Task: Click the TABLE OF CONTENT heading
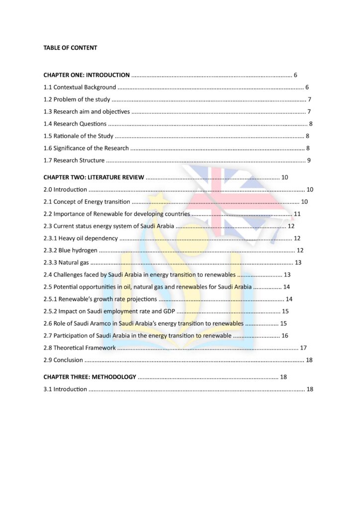click(x=70, y=48)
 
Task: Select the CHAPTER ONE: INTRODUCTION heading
click(x=87, y=75)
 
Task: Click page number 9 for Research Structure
click(x=309, y=161)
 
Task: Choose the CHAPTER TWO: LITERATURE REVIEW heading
click(x=93, y=177)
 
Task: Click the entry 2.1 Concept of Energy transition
click(x=87, y=202)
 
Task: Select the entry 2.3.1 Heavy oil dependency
click(x=81, y=239)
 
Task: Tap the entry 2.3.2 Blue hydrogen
click(x=70, y=251)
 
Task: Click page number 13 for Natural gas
click(x=298, y=262)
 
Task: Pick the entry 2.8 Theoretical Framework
click(x=80, y=348)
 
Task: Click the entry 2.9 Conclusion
click(x=63, y=360)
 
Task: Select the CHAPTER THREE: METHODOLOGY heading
click(x=90, y=377)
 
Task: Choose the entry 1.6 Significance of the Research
click(x=86, y=148)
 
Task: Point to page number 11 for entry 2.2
click(x=297, y=214)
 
